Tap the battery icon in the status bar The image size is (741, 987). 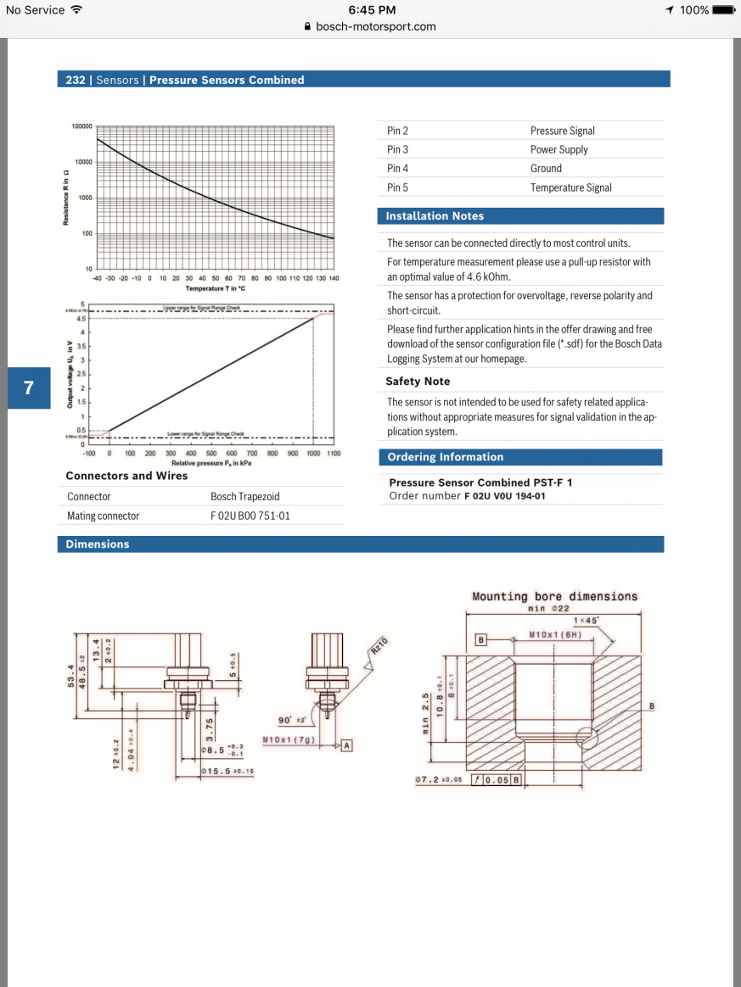(x=724, y=10)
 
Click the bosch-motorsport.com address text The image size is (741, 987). (x=375, y=26)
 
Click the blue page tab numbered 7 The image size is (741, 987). (x=29, y=388)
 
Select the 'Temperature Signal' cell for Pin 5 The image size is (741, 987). (x=570, y=187)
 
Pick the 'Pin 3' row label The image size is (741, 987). (x=397, y=149)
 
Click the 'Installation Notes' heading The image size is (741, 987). (x=435, y=216)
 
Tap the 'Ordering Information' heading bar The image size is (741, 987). (x=446, y=457)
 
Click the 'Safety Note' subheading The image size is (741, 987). (x=418, y=382)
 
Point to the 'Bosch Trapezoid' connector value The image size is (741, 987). (x=244, y=497)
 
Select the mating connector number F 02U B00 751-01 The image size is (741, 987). (x=250, y=516)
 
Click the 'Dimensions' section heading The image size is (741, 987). (x=98, y=544)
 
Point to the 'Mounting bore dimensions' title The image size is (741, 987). (x=554, y=597)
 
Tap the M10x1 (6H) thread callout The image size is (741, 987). (x=554, y=634)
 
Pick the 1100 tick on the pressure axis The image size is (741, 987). (x=333, y=454)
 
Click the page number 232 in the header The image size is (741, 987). (x=76, y=80)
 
